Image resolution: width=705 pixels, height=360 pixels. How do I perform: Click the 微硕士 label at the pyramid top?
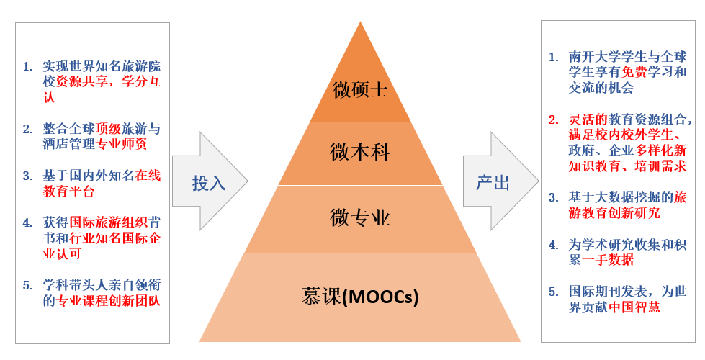[360, 90]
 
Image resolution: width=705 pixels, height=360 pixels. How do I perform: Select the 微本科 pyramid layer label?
[360, 153]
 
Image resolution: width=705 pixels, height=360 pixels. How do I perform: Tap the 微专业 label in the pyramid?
[360, 217]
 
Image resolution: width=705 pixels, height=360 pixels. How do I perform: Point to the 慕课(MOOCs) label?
[360, 296]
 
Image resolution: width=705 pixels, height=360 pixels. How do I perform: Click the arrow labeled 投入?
[209, 183]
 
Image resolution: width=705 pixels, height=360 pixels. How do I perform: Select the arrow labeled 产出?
[493, 183]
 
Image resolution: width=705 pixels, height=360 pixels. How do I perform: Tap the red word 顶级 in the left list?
[107, 130]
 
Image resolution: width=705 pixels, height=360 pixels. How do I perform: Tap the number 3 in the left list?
[27, 176]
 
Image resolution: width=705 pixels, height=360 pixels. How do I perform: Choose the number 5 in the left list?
[27, 285]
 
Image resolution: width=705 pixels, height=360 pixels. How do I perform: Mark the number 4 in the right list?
[553, 245]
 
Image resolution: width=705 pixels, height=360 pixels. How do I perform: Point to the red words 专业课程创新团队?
[108, 301]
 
